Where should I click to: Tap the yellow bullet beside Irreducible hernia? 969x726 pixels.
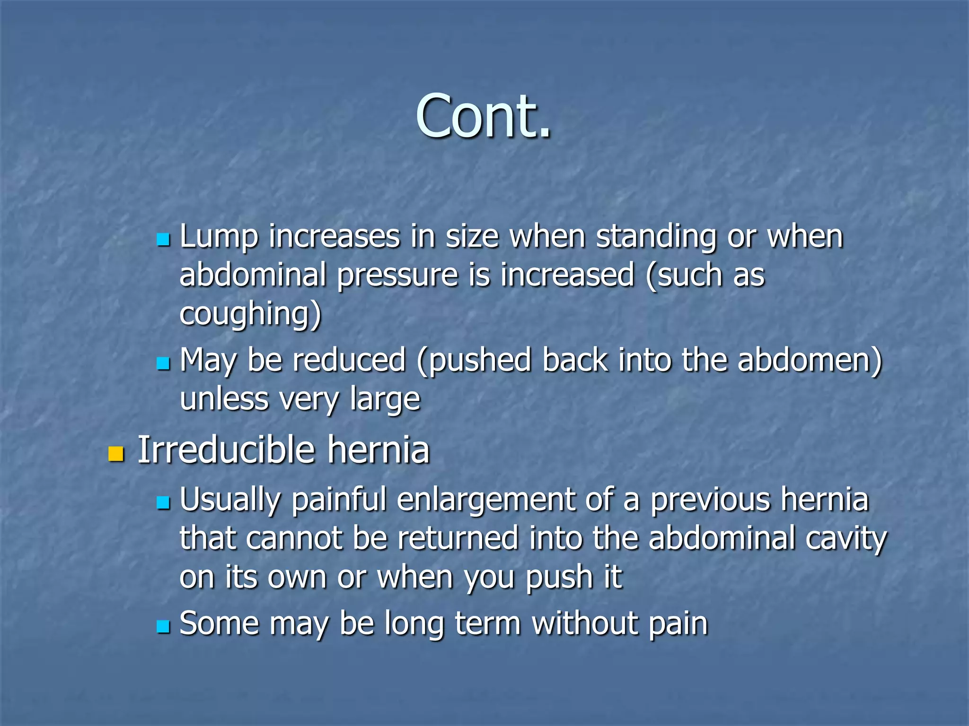coord(116,454)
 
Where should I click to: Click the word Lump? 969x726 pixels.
coord(219,237)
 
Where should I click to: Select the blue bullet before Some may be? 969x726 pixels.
coord(163,627)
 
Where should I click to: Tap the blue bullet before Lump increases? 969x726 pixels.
coord(163,240)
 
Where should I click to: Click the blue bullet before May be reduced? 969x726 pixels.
coord(163,363)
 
